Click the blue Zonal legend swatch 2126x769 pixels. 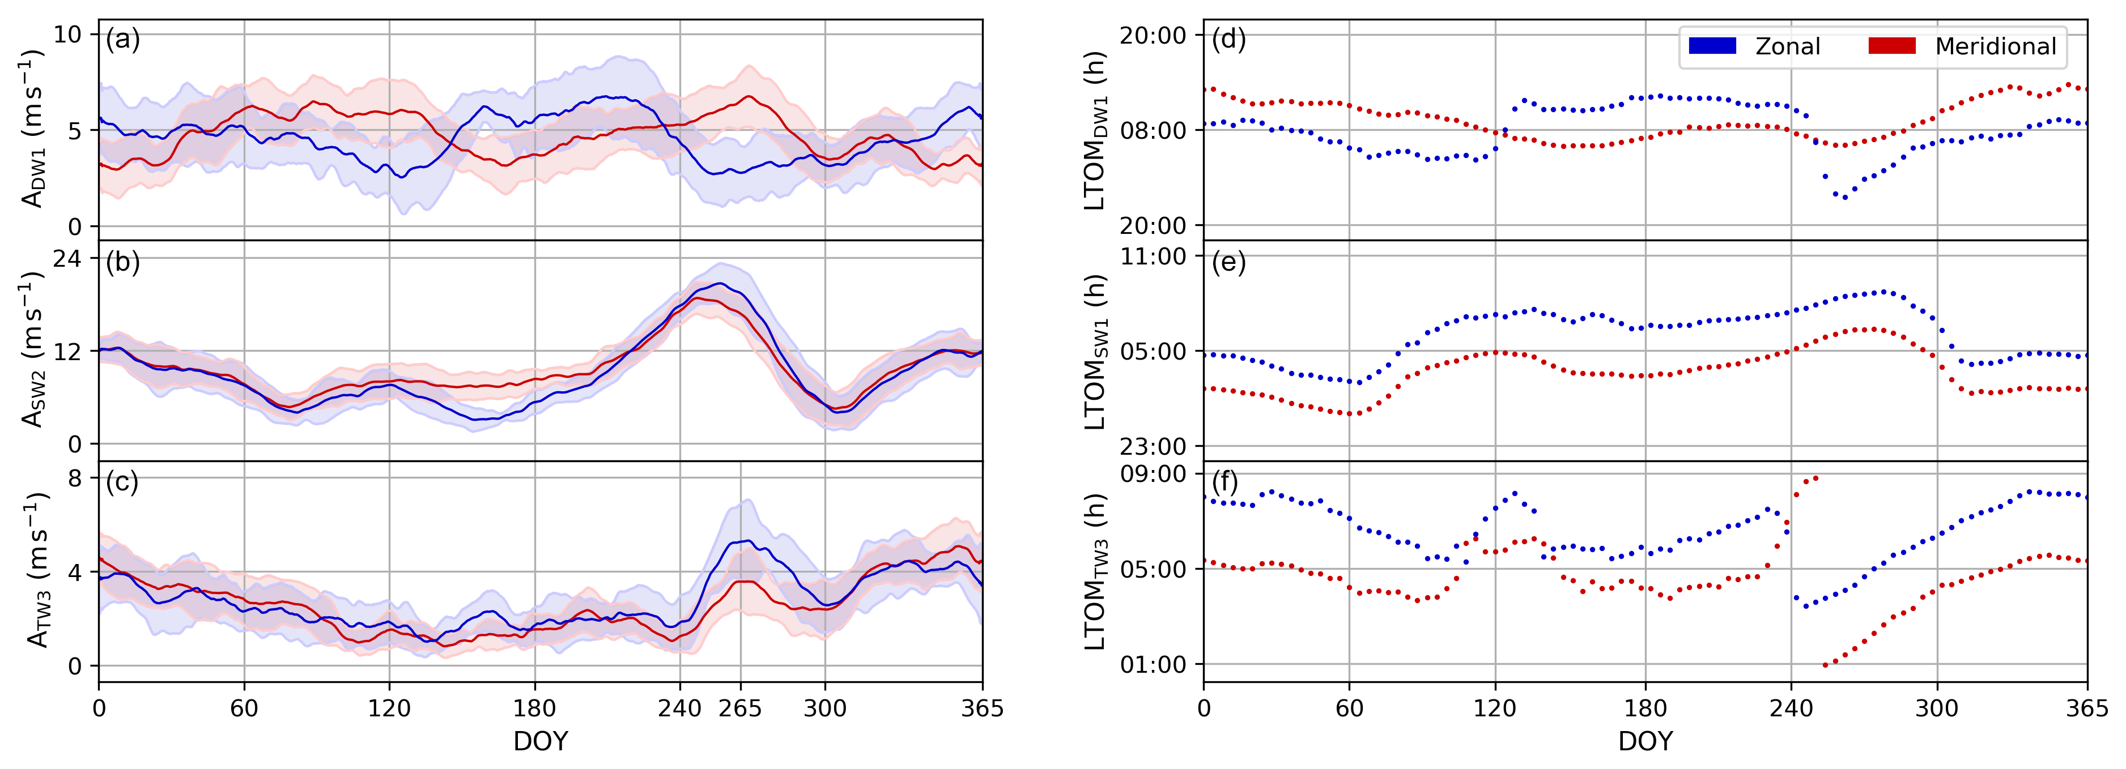tap(1712, 46)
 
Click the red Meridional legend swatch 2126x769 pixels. tap(1891, 46)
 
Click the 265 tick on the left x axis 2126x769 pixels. tap(740, 708)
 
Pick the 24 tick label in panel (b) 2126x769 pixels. tap(67, 258)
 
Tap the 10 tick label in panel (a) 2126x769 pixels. tap(67, 35)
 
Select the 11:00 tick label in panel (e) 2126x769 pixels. tap(1153, 257)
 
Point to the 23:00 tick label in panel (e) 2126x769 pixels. tap(1153, 446)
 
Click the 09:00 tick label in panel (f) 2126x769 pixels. tap(1153, 473)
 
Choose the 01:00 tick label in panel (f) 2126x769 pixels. tap(1153, 664)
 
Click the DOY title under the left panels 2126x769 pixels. tap(541, 741)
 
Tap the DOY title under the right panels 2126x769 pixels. tap(1645, 741)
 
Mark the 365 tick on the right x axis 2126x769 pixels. tap(2087, 708)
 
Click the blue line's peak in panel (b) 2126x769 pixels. tap(721, 284)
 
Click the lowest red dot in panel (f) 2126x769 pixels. tap(1824, 665)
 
